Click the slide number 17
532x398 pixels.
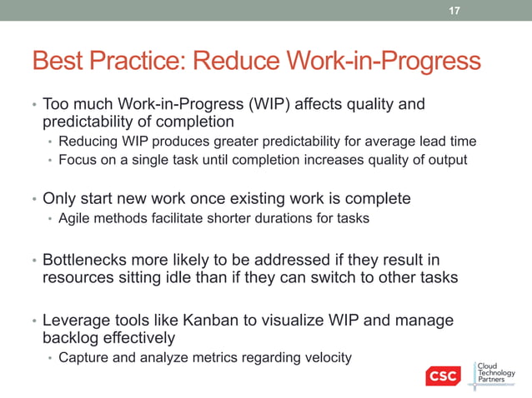pyautogui.click(x=454, y=11)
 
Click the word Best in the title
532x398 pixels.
pyautogui.click(x=58, y=62)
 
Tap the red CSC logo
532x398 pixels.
pyautogui.click(x=442, y=376)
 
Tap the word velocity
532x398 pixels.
pyautogui.click(x=325, y=358)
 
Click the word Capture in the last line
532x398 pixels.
pyautogui.click(x=83, y=358)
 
